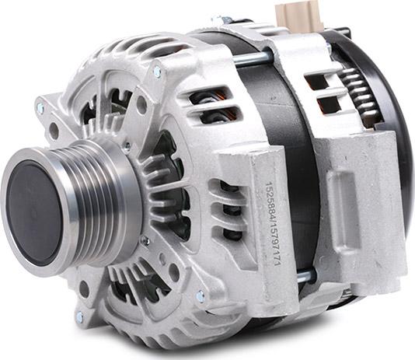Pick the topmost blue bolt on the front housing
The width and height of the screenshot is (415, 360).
click(157, 72)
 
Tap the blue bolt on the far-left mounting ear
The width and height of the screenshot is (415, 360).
click(40, 108)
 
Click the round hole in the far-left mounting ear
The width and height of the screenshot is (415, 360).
click(54, 129)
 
